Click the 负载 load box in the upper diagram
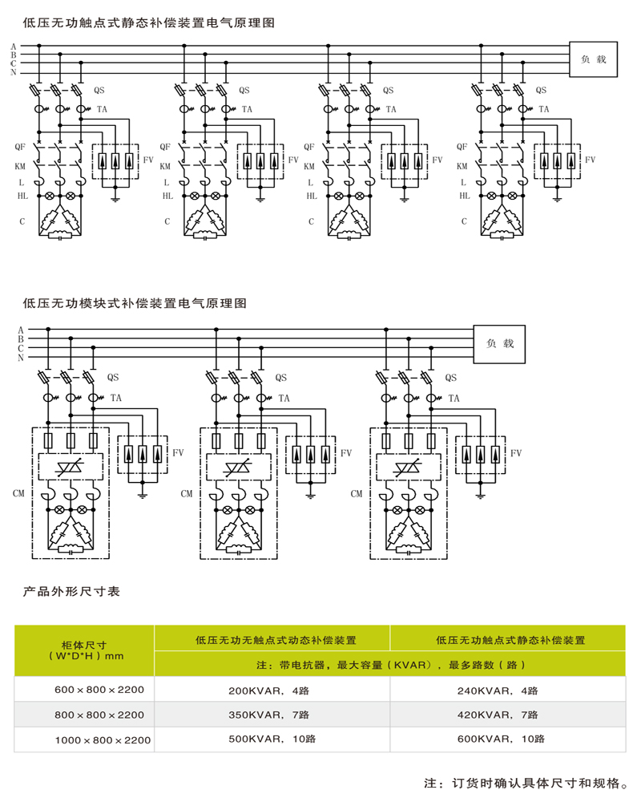coord(594,59)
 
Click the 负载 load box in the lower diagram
coord(499,343)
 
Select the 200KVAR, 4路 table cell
coord(268,691)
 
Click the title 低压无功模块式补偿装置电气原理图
coord(135,304)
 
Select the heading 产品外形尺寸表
coord(71,592)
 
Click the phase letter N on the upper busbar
coord(14,73)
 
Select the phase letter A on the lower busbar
coord(21,330)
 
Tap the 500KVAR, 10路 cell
coord(268,739)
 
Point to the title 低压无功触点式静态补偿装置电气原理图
coord(149,23)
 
